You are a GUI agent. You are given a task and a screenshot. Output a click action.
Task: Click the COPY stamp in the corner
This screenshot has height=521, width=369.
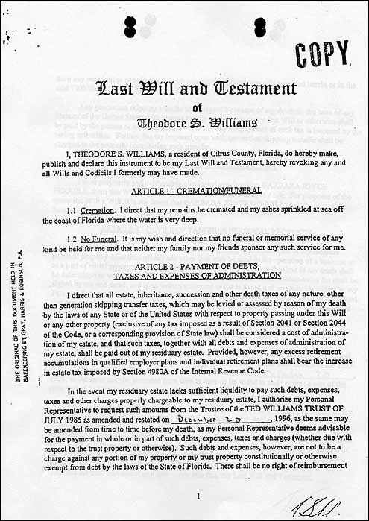click(x=321, y=53)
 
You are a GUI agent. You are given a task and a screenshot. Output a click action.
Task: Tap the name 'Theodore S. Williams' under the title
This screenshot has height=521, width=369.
click(x=197, y=123)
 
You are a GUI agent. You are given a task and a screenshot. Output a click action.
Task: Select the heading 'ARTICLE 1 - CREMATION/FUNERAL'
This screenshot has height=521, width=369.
click(x=197, y=191)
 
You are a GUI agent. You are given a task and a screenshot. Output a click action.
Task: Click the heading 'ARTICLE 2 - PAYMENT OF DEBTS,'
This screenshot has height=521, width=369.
click(x=197, y=265)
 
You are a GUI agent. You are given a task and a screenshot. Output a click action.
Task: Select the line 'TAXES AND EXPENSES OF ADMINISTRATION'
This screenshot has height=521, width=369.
click(x=197, y=276)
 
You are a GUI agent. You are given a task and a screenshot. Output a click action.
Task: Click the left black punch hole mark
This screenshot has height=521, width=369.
click(x=130, y=27)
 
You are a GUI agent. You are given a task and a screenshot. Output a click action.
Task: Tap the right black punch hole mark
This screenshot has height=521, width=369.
click(x=259, y=27)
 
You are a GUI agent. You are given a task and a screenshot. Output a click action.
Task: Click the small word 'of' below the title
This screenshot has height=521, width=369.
click(x=197, y=107)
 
